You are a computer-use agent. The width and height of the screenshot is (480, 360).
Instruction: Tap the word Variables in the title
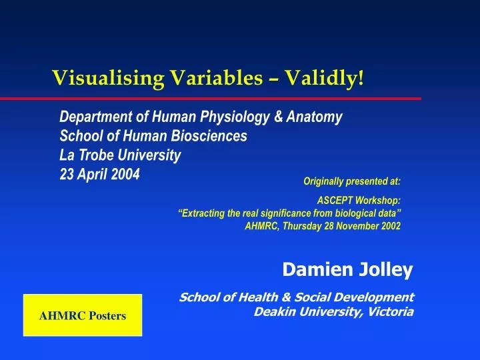[x=216, y=79]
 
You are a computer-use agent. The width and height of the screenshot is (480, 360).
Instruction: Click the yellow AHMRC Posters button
[x=83, y=315]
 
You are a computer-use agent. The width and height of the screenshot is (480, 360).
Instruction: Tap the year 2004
[x=124, y=174]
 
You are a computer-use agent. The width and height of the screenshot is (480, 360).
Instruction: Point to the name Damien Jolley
[x=347, y=269]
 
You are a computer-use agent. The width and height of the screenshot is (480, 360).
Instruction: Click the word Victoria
[x=390, y=311]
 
